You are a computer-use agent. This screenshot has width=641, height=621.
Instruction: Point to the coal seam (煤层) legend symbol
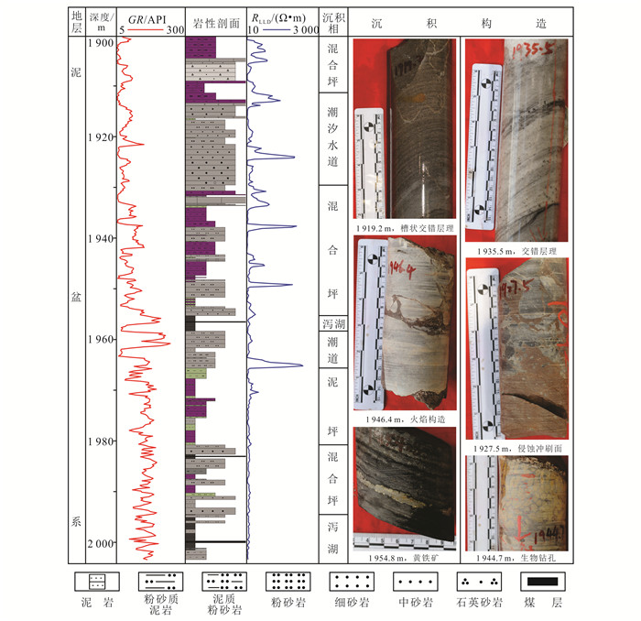[x=542, y=581]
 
